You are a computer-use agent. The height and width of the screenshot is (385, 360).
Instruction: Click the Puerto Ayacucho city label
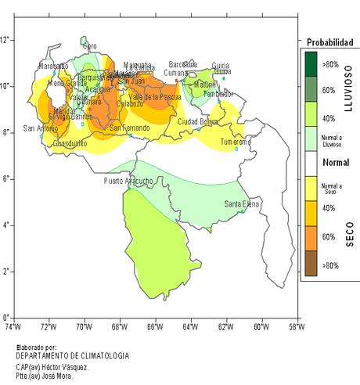[x=128, y=182]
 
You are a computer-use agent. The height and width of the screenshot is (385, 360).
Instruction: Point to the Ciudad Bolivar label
[x=198, y=121]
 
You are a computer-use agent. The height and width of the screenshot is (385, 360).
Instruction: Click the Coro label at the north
[x=90, y=46]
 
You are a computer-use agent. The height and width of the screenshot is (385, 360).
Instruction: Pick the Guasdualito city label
[x=70, y=143]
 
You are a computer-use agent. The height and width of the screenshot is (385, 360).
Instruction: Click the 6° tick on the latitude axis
[x=6, y=178]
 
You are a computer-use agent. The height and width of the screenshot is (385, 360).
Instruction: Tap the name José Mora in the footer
[x=59, y=376]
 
